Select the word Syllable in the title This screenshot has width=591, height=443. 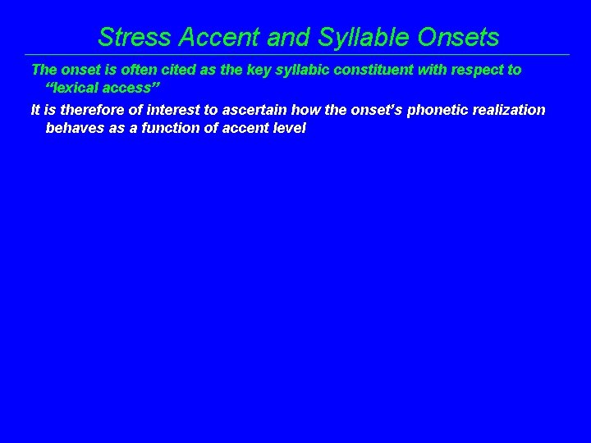tap(356, 37)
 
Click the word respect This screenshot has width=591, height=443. tap(479, 70)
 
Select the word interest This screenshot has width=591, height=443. tap(181, 110)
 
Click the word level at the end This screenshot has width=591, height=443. tap(288, 128)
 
